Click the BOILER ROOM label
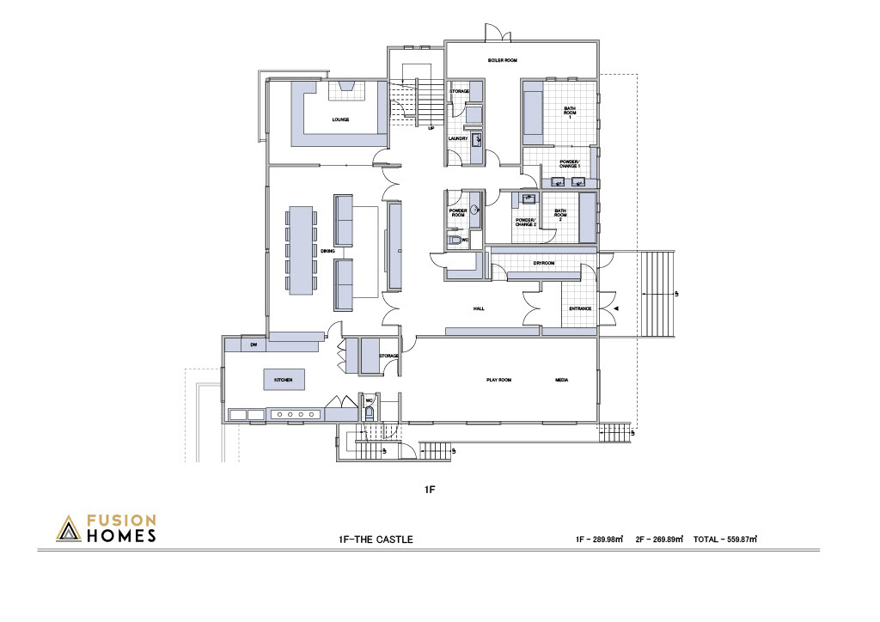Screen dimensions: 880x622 [x=502, y=60]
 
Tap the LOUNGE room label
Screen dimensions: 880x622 [x=340, y=119]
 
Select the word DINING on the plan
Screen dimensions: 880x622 [x=327, y=251]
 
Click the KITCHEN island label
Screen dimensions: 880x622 [x=284, y=380]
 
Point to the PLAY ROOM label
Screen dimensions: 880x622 [x=498, y=380]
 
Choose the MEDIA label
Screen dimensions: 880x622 [x=561, y=380]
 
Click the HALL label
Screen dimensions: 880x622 [x=479, y=308]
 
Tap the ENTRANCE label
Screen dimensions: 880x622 [x=580, y=308]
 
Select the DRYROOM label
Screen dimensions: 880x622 [x=544, y=263]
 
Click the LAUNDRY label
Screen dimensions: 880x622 [x=458, y=138]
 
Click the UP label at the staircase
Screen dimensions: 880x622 [x=431, y=128]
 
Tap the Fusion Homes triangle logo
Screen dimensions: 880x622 [x=69, y=529]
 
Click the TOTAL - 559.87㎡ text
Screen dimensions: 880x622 [x=725, y=539]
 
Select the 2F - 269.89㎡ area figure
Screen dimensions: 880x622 [x=659, y=539]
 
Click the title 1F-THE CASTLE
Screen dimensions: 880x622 [x=376, y=540]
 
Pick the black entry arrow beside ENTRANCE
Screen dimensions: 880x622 [x=616, y=308]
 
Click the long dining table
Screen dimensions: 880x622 [x=300, y=250]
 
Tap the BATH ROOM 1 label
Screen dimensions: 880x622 [x=570, y=113]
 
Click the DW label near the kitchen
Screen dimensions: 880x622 [x=254, y=345]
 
